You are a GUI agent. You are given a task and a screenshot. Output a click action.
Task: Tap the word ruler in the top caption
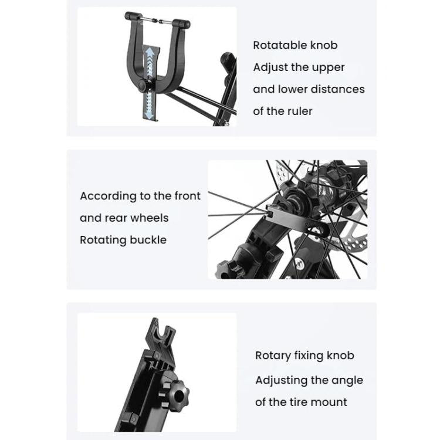point(299,111)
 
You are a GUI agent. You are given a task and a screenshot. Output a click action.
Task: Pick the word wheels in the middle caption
point(149,218)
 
